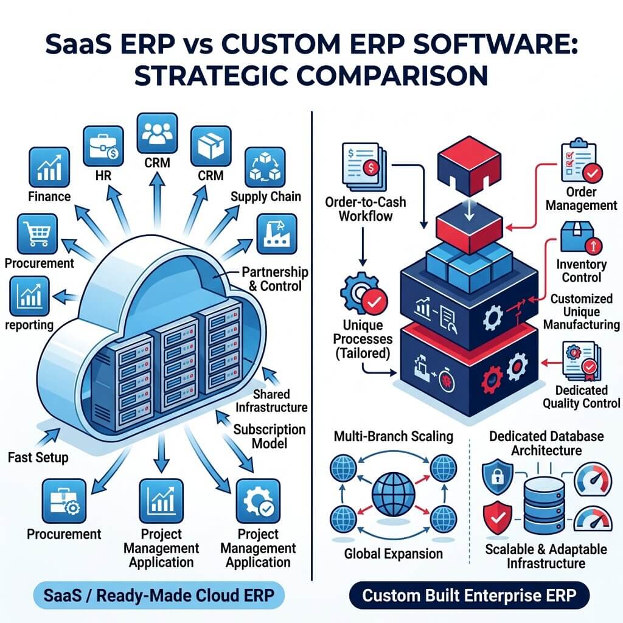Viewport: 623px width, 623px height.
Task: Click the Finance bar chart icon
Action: [x=49, y=167]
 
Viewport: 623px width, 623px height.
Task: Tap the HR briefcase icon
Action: [x=103, y=146]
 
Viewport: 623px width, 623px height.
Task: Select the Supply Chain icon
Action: [x=265, y=167]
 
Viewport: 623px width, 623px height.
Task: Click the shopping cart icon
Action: [x=37, y=234]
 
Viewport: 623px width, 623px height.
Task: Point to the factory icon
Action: [x=277, y=234]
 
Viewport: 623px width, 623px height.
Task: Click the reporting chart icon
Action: [x=29, y=296]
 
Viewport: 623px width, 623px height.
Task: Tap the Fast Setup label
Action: [x=38, y=458]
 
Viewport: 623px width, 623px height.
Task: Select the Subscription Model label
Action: [x=270, y=436]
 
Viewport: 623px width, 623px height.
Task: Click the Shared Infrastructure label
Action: [x=271, y=400]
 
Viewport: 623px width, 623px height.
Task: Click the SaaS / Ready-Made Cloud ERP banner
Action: [x=159, y=595]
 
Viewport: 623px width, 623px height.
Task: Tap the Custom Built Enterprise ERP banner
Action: [x=469, y=595]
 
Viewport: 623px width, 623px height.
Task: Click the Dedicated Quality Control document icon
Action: [x=581, y=361]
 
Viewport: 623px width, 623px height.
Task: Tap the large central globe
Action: [x=394, y=495]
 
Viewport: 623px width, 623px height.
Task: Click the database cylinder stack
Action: [x=544, y=506]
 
